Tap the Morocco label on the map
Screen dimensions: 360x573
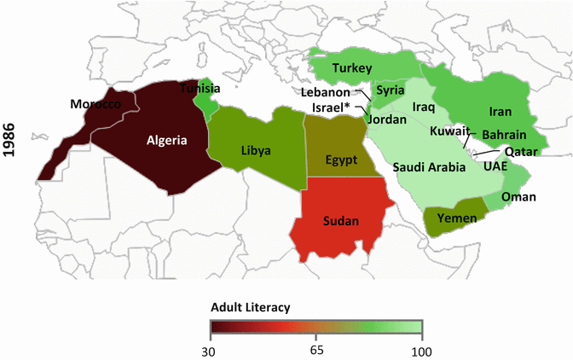(x=95, y=103)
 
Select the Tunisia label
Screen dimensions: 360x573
(x=201, y=89)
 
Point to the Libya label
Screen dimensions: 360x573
(x=256, y=150)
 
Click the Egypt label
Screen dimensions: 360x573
(x=342, y=160)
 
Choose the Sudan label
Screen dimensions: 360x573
(x=341, y=221)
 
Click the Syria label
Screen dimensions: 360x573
(x=391, y=90)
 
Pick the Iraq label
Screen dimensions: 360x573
(x=424, y=107)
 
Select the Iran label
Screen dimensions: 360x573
(x=500, y=112)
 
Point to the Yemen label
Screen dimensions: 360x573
(x=451, y=218)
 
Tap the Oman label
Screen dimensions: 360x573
(x=519, y=197)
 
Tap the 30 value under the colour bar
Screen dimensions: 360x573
(x=211, y=349)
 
